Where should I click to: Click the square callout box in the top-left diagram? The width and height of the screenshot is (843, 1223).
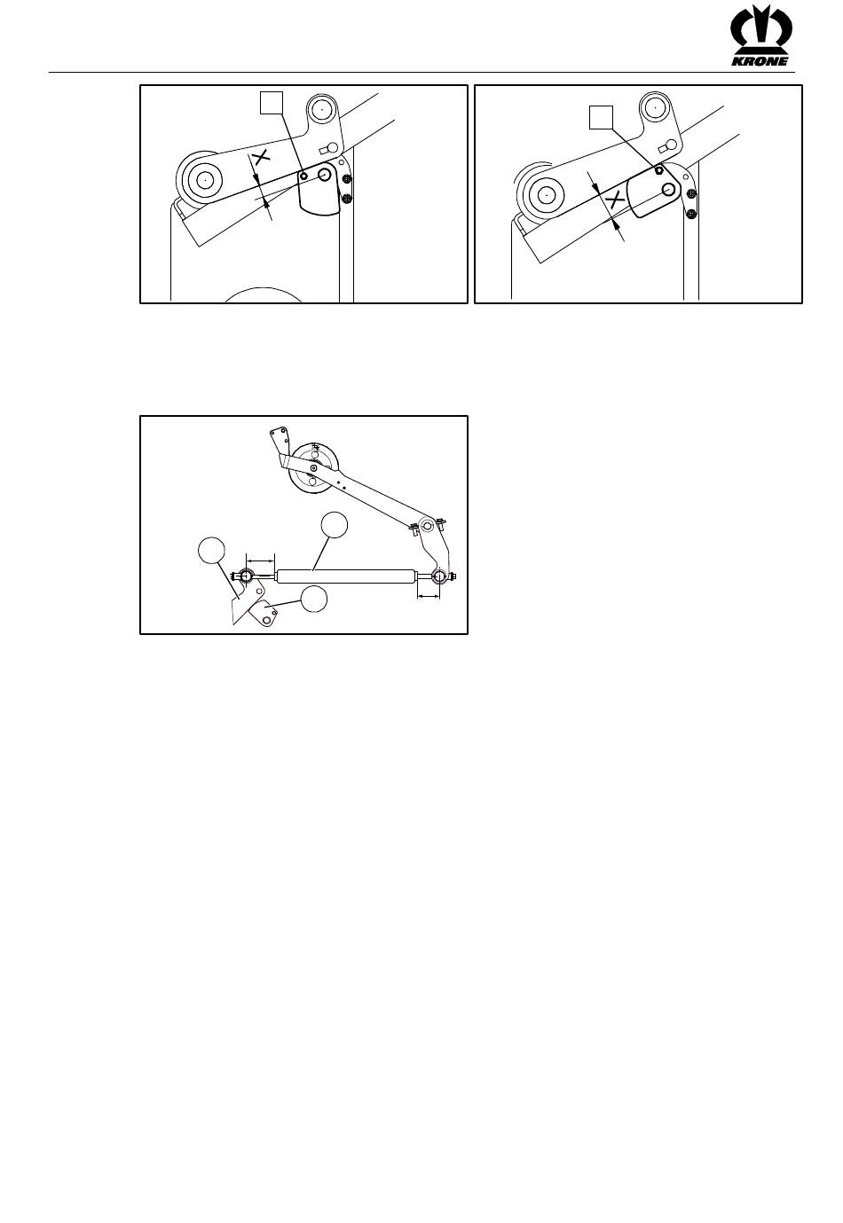(x=271, y=103)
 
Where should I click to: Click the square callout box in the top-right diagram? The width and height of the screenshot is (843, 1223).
(x=601, y=117)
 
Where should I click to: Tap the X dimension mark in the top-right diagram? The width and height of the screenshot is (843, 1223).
(x=616, y=200)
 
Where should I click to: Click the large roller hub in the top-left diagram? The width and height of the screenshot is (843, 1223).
(x=203, y=179)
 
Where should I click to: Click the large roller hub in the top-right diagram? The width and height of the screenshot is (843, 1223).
(x=545, y=194)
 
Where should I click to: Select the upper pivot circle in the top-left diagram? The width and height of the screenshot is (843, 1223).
(x=322, y=110)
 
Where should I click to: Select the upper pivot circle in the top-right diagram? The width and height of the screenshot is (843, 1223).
(x=655, y=109)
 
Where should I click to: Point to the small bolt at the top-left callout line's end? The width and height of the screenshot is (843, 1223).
(x=303, y=176)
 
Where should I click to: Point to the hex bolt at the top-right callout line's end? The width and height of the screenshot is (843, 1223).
(x=659, y=169)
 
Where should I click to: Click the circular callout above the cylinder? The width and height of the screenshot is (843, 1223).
(x=335, y=525)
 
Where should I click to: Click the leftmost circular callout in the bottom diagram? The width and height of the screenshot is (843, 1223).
(x=212, y=551)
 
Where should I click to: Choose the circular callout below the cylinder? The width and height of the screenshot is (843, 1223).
(x=313, y=599)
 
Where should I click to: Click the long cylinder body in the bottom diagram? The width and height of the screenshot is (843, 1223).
(x=345, y=576)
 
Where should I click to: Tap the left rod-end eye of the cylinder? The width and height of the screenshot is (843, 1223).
(x=245, y=576)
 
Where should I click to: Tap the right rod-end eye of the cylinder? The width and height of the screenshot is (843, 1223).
(x=438, y=576)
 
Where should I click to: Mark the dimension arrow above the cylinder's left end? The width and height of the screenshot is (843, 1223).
(x=261, y=560)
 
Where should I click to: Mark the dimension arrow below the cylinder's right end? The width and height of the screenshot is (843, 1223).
(x=429, y=597)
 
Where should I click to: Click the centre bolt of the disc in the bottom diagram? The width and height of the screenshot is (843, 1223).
(x=313, y=468)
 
